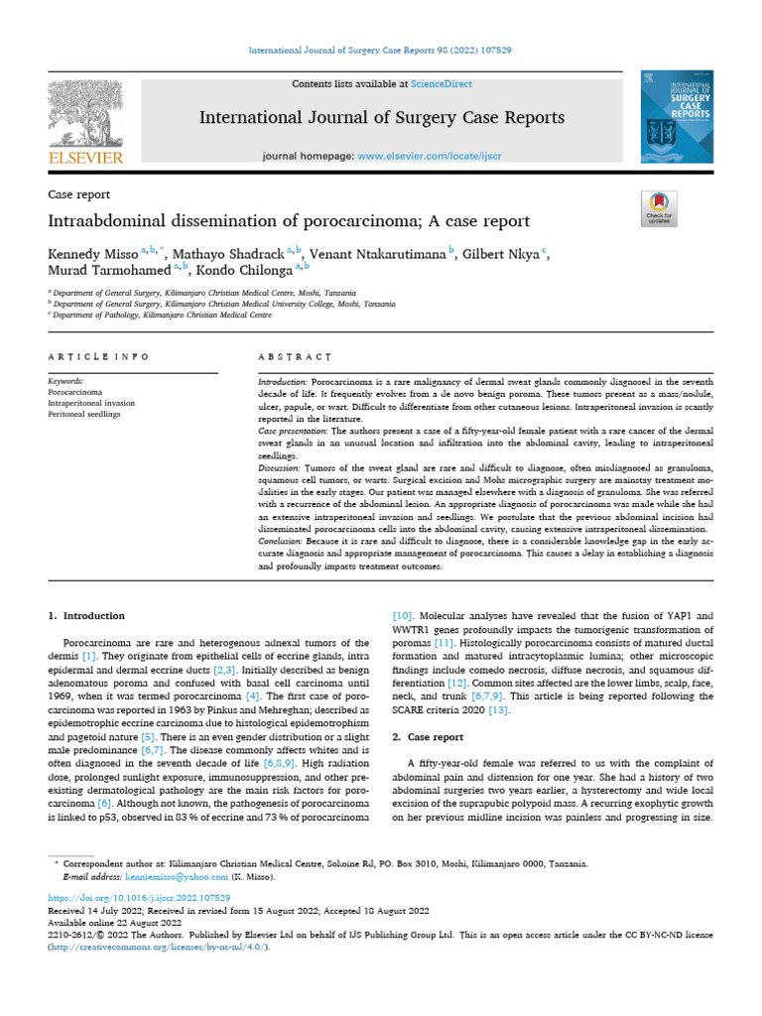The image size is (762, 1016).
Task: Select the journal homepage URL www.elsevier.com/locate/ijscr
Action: pos(429,157)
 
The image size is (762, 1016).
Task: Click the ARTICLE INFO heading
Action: pos(98,356)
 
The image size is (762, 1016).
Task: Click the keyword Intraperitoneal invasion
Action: pos(92,403)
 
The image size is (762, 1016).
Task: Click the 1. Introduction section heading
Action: pos(86,615)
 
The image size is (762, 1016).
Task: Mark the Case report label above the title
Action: pos(79,194)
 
